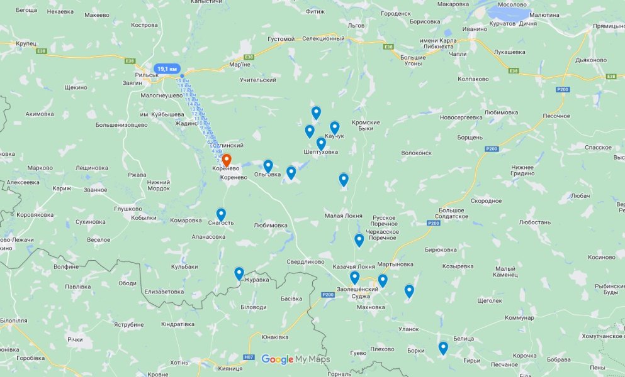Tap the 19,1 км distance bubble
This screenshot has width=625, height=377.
coord(168,68)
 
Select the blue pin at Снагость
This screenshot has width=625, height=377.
coord(221,215)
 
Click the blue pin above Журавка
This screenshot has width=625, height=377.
coord(239,273)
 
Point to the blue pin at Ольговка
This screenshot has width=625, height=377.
coord(268,166)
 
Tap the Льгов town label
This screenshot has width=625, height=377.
coord(356,26)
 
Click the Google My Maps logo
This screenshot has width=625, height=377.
coord(295,359)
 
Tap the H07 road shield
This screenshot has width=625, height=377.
coord(249,358)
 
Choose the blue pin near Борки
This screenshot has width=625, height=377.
coord(443,347)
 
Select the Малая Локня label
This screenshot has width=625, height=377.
coord(344,216)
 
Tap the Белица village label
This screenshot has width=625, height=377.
coord(463,338)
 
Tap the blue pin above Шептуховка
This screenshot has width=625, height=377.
coord(321,143)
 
